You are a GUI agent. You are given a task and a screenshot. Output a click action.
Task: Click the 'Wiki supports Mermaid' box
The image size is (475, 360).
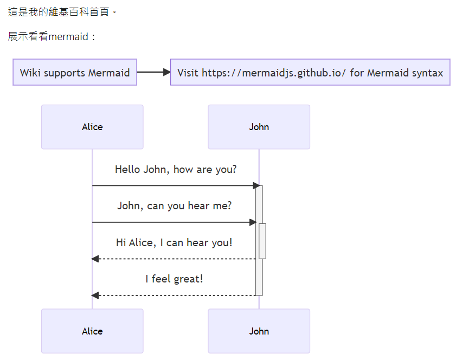(x=75, y=72)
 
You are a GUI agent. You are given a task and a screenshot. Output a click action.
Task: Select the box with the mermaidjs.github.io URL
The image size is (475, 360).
(x=310, y=72)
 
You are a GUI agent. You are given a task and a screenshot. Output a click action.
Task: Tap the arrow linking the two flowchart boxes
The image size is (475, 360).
(x=153, y=72)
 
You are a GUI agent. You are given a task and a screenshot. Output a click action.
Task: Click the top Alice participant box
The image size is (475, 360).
(x=92, y=127)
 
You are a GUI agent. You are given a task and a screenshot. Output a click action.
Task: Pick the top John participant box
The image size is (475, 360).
(x=259, y=127)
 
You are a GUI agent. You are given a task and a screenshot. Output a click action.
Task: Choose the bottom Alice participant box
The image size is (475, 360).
(x=92, y=331)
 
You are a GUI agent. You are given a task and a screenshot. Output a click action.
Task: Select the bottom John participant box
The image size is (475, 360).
(x=259, y=331)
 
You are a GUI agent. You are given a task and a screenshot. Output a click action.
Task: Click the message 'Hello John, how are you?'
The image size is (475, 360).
(x=176, y=169)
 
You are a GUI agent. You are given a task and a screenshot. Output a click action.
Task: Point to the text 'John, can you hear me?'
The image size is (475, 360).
(x=175, y=206)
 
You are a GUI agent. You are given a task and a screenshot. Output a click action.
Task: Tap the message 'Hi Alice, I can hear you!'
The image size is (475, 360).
(x=174, y=242)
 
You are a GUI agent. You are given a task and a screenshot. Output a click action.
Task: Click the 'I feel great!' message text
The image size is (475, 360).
(x=174, y=279)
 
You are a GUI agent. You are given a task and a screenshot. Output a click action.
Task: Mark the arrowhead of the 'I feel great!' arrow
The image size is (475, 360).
(x=95, y=295)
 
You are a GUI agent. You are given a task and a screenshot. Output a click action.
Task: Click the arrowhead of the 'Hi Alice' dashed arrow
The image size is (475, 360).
(x=95, y=259)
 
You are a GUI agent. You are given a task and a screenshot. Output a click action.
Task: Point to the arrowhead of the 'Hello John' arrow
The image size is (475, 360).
(x=256, y=185)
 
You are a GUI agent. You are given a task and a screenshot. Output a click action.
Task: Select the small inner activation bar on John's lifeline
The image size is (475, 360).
(x=262, y=241)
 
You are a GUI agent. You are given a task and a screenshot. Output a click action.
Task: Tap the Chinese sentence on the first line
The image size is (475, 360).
(x=62, y=11)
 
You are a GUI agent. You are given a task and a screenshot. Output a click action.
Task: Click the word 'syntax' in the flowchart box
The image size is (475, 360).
(x=427, y=73)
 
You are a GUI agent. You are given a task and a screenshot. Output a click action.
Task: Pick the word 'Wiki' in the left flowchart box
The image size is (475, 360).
(x=30, y=73)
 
